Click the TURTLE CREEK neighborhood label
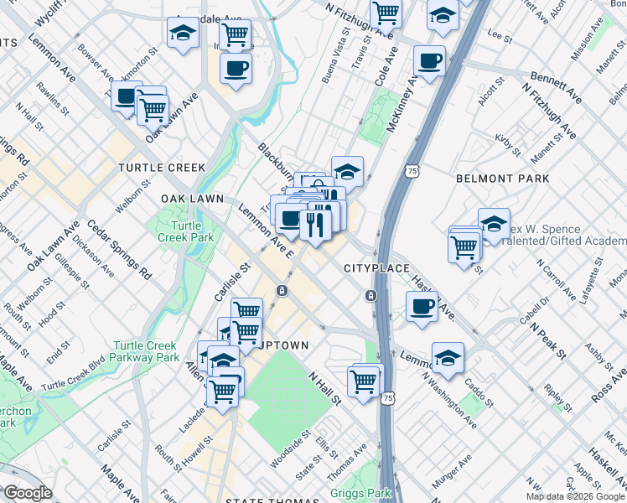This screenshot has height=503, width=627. click(161, 168)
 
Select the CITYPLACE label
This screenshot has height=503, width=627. click(376, 268)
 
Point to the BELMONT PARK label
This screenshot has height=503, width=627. click(502, 179)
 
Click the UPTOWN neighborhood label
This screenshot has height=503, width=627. click(287, 345)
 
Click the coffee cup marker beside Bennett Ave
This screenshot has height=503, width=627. click(430, 61)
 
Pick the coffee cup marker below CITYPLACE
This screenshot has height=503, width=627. click(422, 305)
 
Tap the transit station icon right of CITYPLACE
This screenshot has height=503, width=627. click(370, 295)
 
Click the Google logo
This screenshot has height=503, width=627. click(28, 493)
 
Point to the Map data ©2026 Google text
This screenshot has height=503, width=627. click(575, 496)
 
